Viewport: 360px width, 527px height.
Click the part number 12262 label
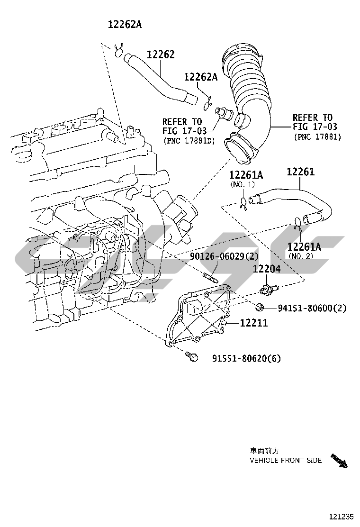(x=160, y=55)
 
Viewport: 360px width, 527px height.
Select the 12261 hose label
(x=300, y=172)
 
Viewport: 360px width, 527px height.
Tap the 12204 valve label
(x=266, y=269)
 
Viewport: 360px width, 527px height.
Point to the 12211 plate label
(x=254, y=323)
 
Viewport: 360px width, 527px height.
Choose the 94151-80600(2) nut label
(x=312, y=309)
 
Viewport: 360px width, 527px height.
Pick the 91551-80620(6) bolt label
(x=240, y=359)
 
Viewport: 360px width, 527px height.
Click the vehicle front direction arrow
(x=339, y=461)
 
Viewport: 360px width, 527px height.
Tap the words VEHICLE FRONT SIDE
(x=286, y=460)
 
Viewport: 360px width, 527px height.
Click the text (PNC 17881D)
(x=189, y=141)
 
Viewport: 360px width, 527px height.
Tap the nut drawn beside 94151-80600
(x=260, y=308)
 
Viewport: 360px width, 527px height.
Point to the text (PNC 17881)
(x=317, y=136)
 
